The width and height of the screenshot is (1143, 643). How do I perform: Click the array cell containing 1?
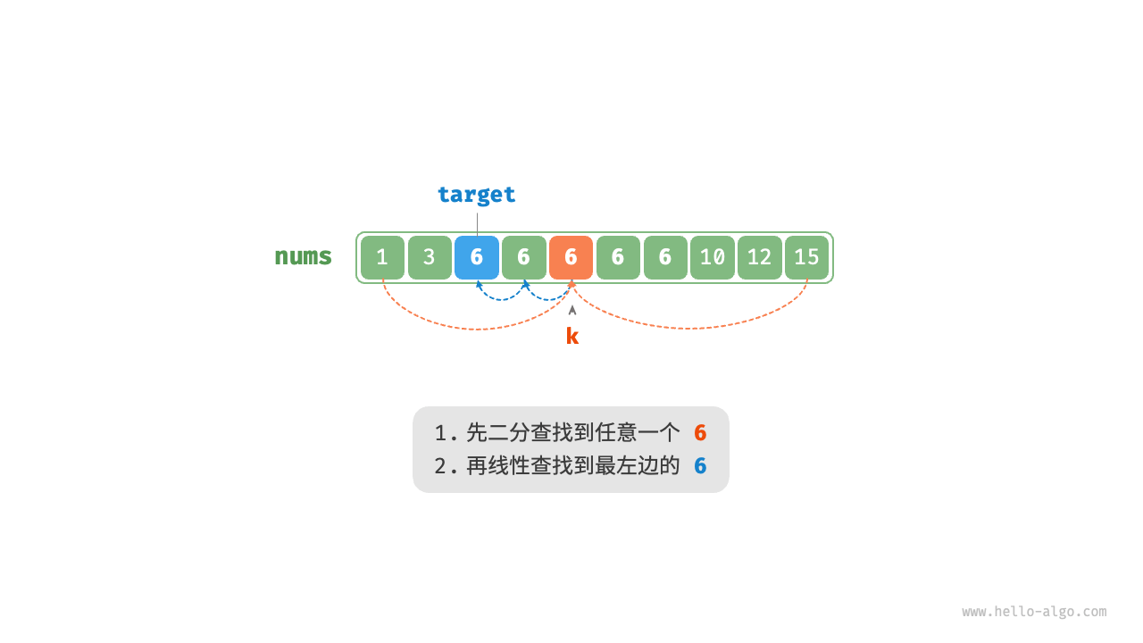pyautogui.click(x=382, y=257)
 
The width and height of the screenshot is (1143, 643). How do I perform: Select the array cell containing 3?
pyautogui.click(x=430, y=257)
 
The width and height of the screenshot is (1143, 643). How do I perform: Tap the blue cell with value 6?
pyautogui.click(x=477, y=257)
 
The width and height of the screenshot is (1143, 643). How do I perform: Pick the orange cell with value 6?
pyautogui.click(x=571, y=257)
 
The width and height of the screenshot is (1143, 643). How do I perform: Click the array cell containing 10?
pyautogui.click(x=713, y=257)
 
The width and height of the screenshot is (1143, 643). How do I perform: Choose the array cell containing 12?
pyautogui.click(x=760, y=257)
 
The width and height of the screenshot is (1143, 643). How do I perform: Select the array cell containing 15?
pyautogui.click(x=807, y=257)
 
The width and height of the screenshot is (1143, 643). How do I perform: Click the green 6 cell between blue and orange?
pyautogui.click(x=524, y=257)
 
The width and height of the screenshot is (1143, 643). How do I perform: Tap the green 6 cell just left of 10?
pyautogui.click(x=665, y=257)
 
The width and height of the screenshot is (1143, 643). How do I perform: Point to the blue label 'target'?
pyautogui.click(x=476, y=194)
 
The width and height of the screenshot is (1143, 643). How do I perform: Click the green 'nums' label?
pyautogui.click(x=303, y=256)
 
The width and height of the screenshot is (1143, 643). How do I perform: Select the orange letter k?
pyautogui.click(x=572, y=336)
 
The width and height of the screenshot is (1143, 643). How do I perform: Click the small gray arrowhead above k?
pyautogui.click(x=572, y=310)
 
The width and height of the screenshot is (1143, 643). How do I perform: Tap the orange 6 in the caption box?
pyautogui.click(x=700, y=433)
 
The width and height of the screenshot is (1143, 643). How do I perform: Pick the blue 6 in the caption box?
pyautogui.click(x=700, y=465)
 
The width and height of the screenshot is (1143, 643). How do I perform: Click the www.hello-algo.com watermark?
pyautogui.click(x=1034, y=612)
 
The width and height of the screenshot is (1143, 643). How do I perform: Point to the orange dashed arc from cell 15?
pyautogui.click(x=692, y=328)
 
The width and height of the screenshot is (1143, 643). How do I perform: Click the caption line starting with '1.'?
pyautogui.click(x=557, y=433)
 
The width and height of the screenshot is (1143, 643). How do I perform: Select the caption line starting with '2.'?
pyautogui.click(x=557, y=465)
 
